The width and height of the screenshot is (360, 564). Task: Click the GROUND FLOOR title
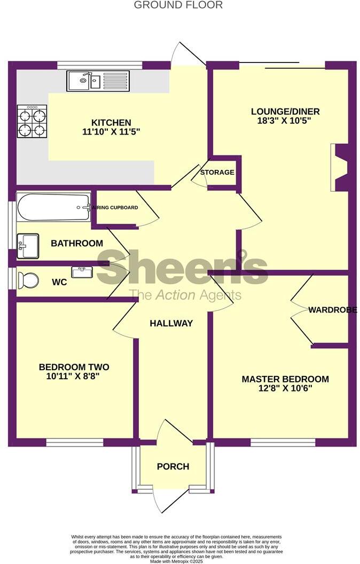tap(178, 5)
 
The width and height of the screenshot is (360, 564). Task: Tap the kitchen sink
tap(84, 81)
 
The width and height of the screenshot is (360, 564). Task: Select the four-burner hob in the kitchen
tap(32, 121)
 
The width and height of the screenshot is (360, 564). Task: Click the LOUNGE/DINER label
tap(285, 112)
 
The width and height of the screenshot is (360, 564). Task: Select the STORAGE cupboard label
tap(217, 173)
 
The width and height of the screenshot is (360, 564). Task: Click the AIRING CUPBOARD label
tap(115, 208)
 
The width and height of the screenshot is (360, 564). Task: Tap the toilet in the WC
tap(28, 280)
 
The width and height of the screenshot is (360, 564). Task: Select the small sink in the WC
tap(82, 272)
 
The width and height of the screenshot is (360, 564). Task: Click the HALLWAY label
tap(171, 323)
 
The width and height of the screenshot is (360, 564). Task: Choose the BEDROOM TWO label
tap(74, 367)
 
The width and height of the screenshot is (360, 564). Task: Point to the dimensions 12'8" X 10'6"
tap(285, 389)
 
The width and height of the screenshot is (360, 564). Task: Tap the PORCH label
tap(173, 466)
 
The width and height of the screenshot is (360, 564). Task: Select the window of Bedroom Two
tap(74, 442)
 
